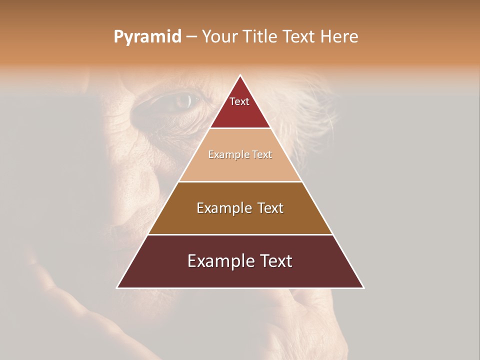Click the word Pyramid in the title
(x=147, y=37)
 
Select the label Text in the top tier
(x=239, y=101)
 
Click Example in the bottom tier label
(x=218, y=261)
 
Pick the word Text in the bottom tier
(x=275, y=261)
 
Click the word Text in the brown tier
(x=270, y=208)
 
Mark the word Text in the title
(x=299, y=37)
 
